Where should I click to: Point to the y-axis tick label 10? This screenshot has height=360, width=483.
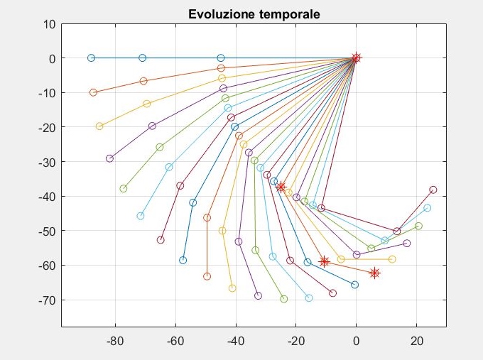tap(48, 23)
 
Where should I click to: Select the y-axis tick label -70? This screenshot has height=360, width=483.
tap(45, 300)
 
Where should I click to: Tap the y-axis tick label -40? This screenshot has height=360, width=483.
tap(45, 197)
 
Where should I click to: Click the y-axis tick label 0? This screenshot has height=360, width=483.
tap(51, 58)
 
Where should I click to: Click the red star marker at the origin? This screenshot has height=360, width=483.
tap(357, 58)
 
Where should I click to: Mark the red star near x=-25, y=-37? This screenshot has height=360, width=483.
tap(281, 187)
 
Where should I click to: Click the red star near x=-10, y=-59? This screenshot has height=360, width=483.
tap(325, 261)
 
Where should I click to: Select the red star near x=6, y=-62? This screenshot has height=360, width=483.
tap(374, 273)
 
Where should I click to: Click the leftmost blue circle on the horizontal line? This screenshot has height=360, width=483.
tap(91, 58)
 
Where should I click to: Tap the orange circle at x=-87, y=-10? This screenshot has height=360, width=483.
tap(93, 92)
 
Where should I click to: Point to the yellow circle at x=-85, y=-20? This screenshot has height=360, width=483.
tap(99, 126)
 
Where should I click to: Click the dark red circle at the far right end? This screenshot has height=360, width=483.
tap(433, 190)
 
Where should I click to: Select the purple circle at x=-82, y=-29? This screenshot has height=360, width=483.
tap(109, 158)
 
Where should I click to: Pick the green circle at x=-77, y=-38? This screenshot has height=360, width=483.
tap(124, 189)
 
